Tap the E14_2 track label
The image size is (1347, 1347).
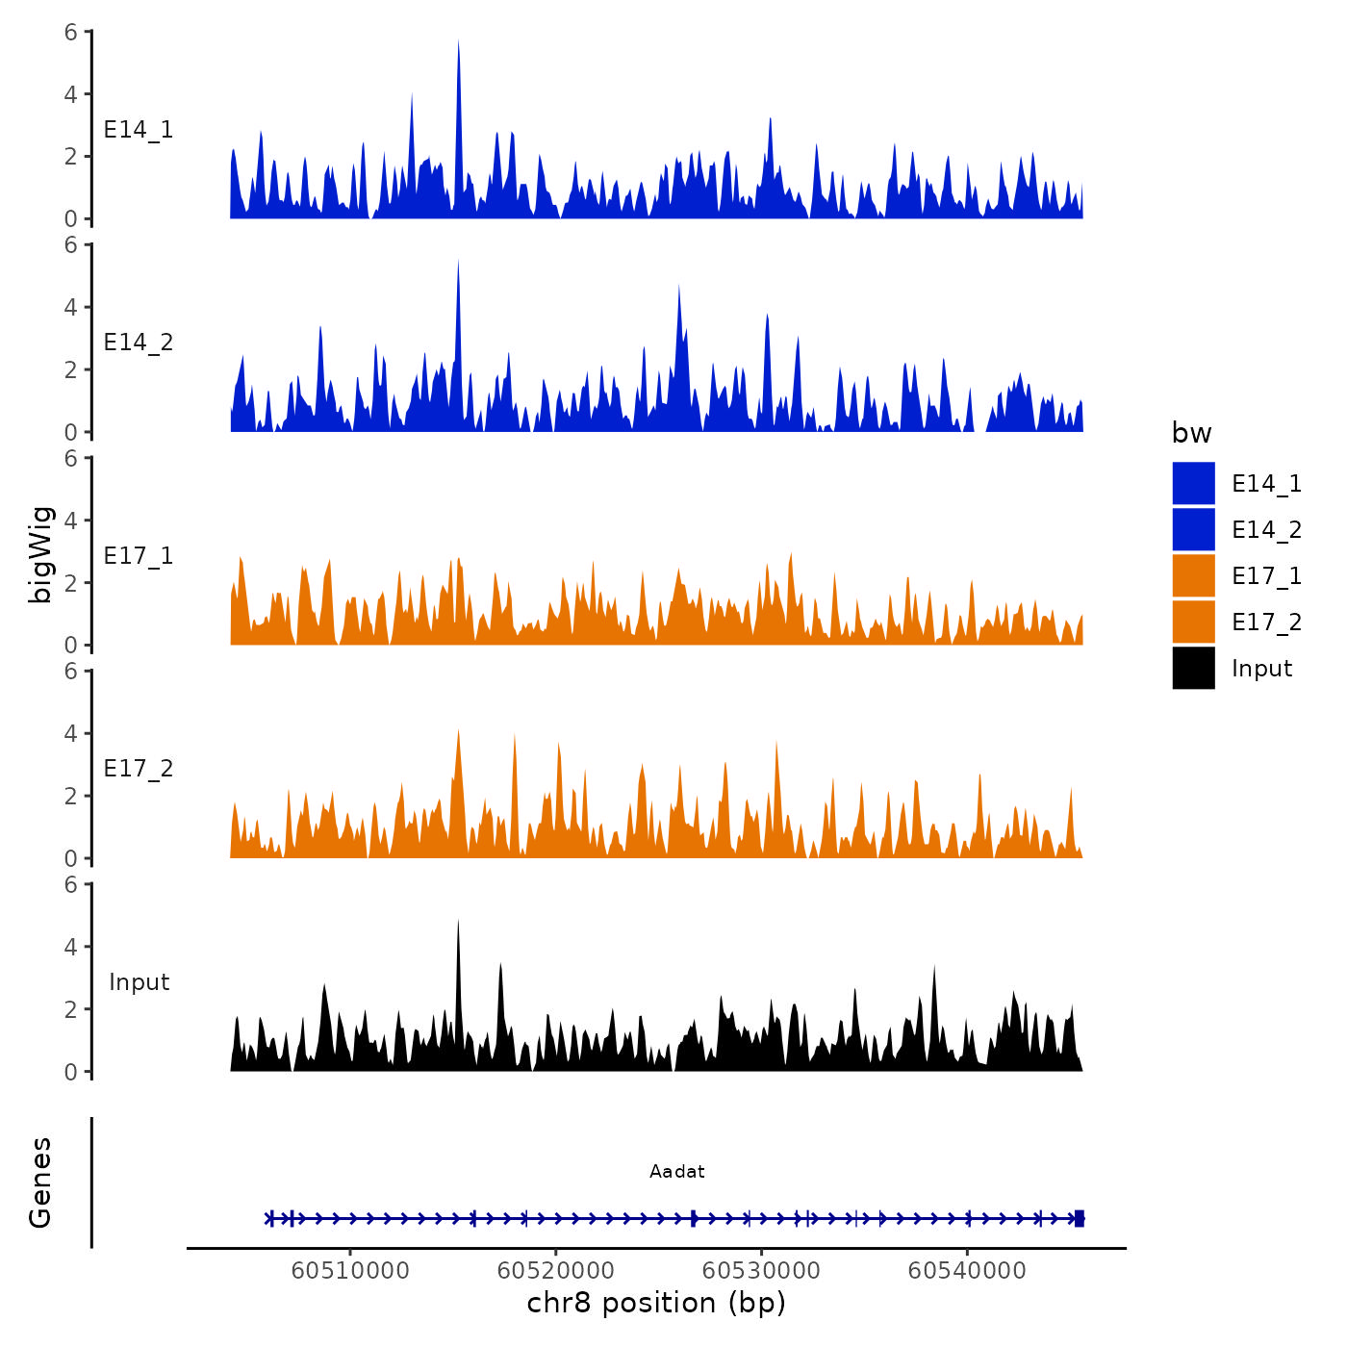click(139, 343)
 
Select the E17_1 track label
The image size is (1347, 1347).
click(139, 556)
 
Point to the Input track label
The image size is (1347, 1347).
click(139, 982)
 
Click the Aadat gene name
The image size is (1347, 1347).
click(676, 1171)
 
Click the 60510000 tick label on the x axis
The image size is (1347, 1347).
click(350, 1270)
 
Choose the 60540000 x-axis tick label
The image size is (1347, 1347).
click(967, 1270)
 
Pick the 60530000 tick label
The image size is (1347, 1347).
click(761, 1270)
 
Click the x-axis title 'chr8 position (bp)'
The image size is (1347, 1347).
click(656, 1303)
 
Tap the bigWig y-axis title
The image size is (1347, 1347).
click(40, 554)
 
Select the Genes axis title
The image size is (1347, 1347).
click(40, 1182)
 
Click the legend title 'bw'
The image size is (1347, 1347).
click(1191, 433)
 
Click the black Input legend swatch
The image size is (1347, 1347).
click(1193, 668)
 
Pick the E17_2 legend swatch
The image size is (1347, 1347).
click(1193, 622)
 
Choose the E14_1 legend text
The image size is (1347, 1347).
click(1266, 484)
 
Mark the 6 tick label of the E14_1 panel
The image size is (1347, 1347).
click(71, 32)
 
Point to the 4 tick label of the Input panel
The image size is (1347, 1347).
click(71, 947)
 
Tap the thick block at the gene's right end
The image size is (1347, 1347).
click(1080, 1218)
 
